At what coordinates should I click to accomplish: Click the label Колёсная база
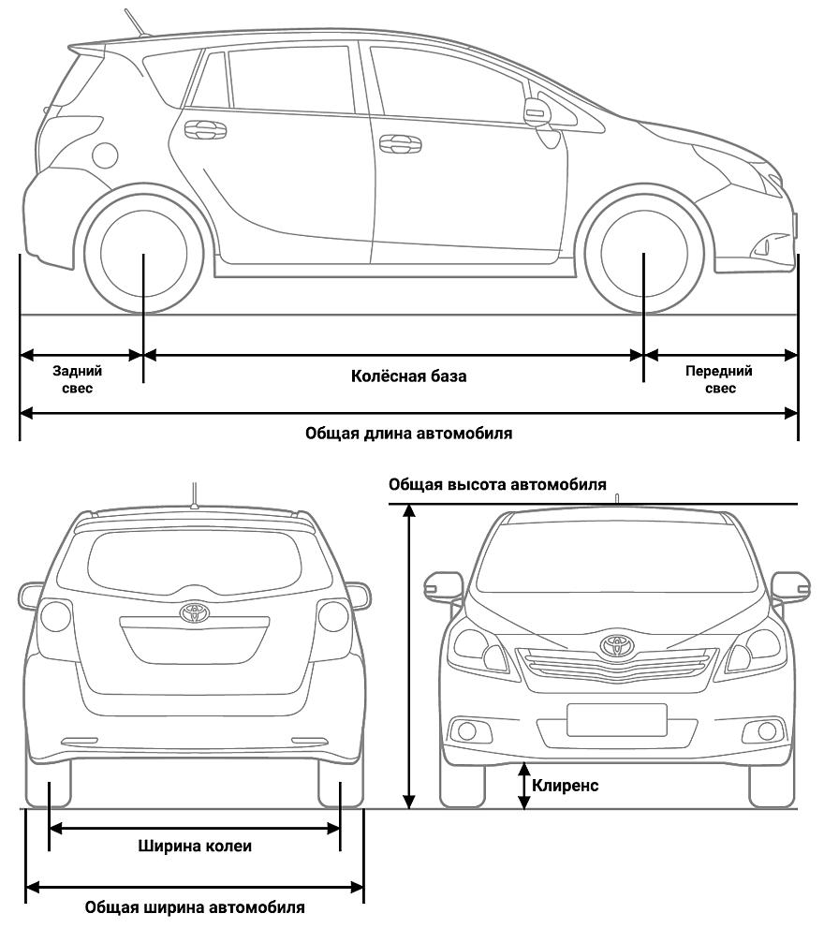click(x=408, y=376)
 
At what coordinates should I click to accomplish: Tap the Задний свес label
click(x=78, y=378)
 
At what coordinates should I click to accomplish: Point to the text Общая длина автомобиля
click(x=409, y=434)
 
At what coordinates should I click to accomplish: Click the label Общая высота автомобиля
click(x=497, y=485)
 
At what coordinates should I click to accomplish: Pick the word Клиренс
click(x=565, y=786)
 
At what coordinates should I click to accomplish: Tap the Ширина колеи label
click(x=196, y=847)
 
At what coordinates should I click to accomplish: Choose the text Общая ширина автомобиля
click(x=195, y=907)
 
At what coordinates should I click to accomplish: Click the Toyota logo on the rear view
click(x=194, y=612)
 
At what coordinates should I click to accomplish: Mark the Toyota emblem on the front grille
click(x=615, y=644)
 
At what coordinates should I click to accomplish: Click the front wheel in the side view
click(x=643, y=253)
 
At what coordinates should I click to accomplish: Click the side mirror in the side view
click(x=537, y=112)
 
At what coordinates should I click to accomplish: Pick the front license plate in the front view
click(x=616, y=719)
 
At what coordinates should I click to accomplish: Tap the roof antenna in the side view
click(x=136, y=22)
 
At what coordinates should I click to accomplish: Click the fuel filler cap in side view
click(x=106, y=155)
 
